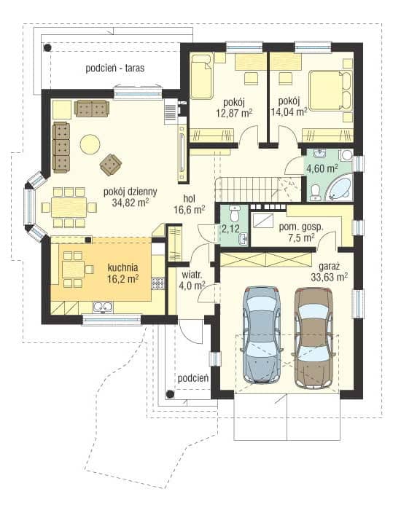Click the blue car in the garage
(x=261, y=334)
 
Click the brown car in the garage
(x=314, y=337)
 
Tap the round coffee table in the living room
(x=90, y=144)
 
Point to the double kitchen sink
(x=103, y=307)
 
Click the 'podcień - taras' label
(x=115, y=68)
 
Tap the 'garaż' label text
(x=330, y=267)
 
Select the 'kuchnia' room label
(x=122, y=267)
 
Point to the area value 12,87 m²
(x=234, y=112)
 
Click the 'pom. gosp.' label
(x=301, y=227)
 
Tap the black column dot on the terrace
(x=48, y=48)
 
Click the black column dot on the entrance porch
(x=169, y=394)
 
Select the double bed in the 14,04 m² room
(x=330, y=91)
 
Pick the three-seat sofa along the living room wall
(x=61, y=148)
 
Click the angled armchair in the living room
(x=111, y=164)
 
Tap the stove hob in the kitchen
(x=158, y=283)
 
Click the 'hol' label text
(x=189, y=198)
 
